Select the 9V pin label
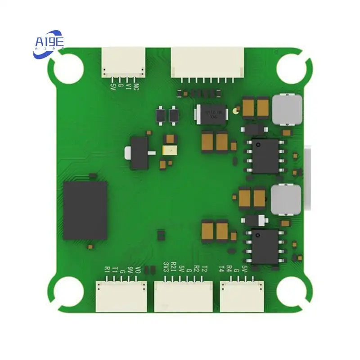130,270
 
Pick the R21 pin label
174,267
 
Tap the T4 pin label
221,269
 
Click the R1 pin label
107,270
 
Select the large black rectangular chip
85,210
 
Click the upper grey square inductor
286,109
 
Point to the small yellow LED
169,151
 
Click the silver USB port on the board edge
308,180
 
